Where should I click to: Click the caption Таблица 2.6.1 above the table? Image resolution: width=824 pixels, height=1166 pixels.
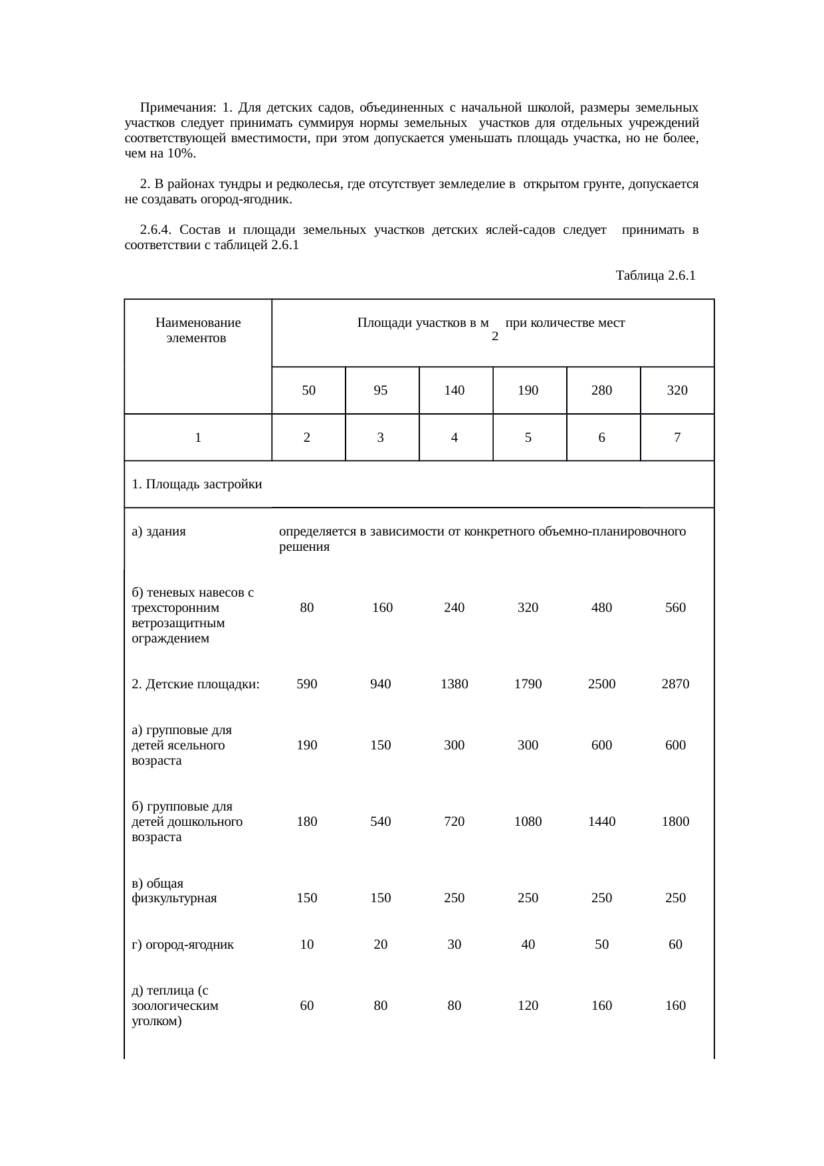coord(655,275)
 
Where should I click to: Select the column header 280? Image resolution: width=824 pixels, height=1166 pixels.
coord(601,391)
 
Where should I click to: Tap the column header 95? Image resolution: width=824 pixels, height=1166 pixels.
coord(380,391)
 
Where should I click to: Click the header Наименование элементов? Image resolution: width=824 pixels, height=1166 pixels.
coord(197,330)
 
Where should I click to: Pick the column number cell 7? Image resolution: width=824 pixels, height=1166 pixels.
coord(676,438)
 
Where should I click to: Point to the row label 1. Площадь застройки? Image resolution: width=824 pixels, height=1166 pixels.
coord(197,484)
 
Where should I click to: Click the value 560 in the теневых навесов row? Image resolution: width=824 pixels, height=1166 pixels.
coord(675,607)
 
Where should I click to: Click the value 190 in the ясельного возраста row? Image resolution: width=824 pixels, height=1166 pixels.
coord(306,745)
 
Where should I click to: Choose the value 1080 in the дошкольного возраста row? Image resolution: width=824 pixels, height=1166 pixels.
coord(528,822)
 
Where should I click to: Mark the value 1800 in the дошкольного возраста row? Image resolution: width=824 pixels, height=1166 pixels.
coord(675,822)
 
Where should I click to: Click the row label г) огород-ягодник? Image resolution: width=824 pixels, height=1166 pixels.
coord(183,944)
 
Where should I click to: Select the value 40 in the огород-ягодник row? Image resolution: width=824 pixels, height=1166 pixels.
coord(528,944)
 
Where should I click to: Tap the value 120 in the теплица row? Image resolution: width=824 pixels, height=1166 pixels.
coord(528,1006)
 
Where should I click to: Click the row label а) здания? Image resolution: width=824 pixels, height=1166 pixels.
coord(159,532)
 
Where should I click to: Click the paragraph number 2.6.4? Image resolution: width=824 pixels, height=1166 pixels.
coord(156,230)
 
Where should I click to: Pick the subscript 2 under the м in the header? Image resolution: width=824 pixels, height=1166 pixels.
coord(494,337)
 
